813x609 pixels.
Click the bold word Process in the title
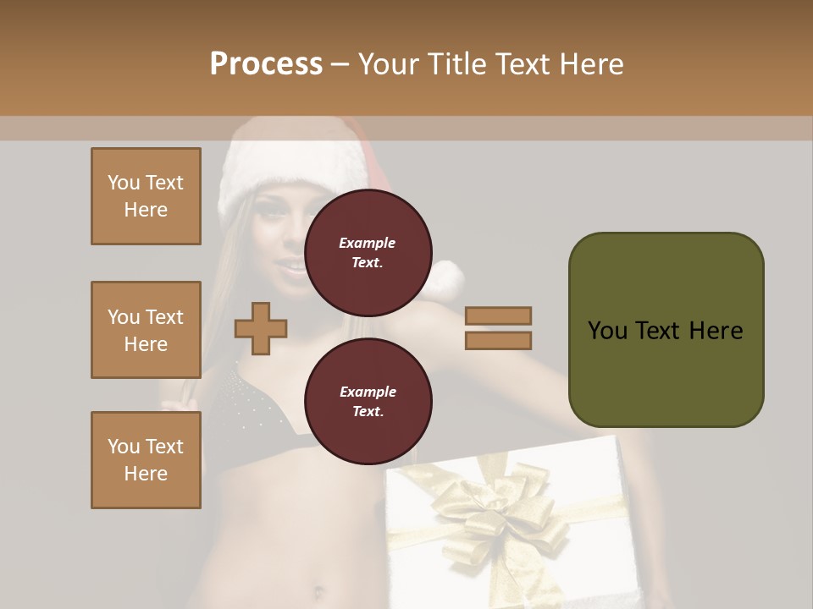tap(266, 64)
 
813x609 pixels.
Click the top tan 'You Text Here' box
tap(146, 196)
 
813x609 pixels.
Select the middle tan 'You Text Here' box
tap(146, 330)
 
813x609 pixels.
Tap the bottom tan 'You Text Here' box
tap(146, 460)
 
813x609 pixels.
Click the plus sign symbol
tap(261, 327)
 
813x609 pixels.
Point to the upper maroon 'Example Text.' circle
tap(368, 253)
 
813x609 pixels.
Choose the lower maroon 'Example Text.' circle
tap(368, 402)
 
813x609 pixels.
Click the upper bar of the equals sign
tap(498, 316)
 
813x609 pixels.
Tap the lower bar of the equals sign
tap(498, 340)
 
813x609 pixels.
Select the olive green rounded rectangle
tap(666, 330)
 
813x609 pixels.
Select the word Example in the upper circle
tap(368, 243)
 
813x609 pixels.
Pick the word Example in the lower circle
tap(368, 392)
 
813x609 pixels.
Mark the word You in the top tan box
tap(124, 183)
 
